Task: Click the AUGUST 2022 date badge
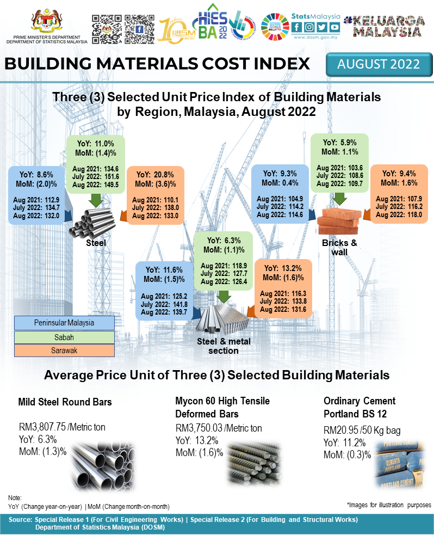point(379,64)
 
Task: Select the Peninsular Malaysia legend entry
point(65,323)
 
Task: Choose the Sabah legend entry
point(65,337)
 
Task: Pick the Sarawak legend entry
point(65,350)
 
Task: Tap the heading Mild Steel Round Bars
point(65,403)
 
